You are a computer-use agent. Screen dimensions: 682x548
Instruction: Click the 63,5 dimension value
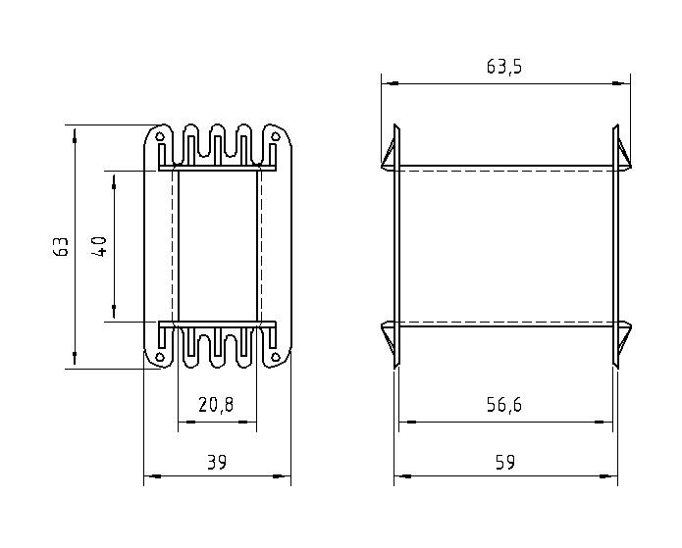coord(503,67)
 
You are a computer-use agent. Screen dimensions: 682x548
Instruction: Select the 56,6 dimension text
coord(503,405)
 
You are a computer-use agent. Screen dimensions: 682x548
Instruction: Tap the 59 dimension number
coord(505,462)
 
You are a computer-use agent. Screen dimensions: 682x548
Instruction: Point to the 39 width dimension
coord(217,462)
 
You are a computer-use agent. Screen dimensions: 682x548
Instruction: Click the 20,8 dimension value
coord(216,405)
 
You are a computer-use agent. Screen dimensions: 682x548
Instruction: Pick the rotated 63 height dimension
coord(61,247)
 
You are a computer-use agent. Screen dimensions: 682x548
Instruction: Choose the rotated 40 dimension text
coord(100,247)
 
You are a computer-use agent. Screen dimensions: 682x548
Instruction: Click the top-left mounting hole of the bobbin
coord(161,136)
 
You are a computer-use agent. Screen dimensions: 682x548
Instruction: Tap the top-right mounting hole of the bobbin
coord(275,136)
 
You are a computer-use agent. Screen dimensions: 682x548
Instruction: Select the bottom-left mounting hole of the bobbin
coord(160,357)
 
